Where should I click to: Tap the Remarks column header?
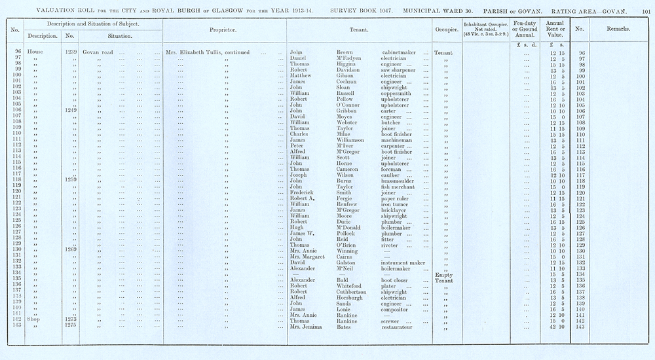618,29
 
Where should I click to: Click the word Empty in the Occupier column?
445,274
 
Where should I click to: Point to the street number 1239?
71,52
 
